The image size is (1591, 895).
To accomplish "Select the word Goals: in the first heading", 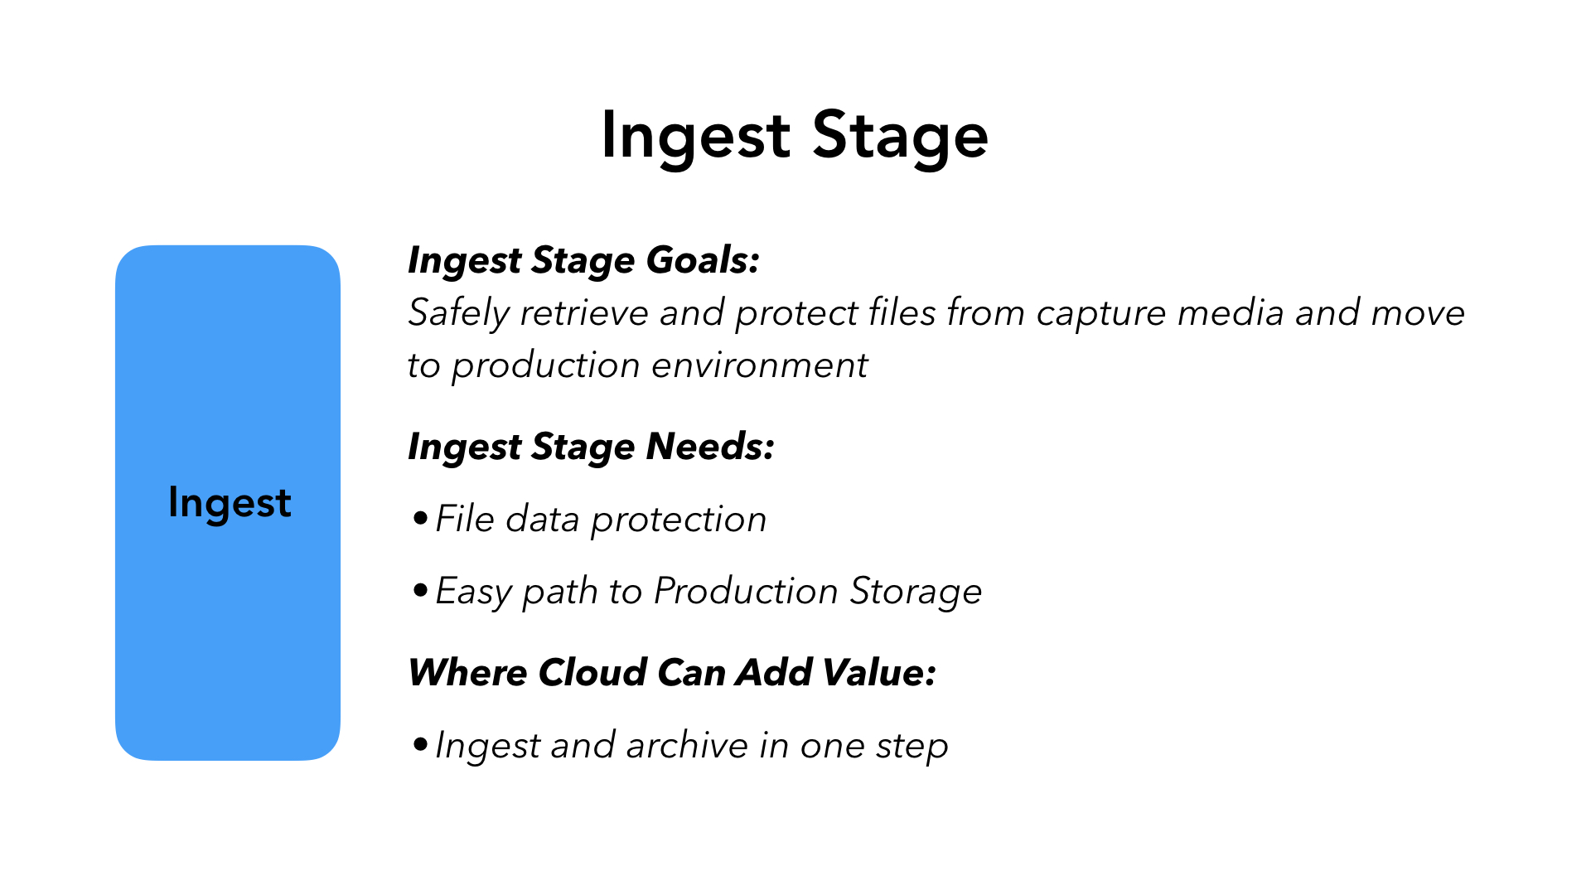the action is click(703, 260).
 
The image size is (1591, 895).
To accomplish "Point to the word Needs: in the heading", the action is click(710, 447).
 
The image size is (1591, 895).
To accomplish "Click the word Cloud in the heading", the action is click(592, 672).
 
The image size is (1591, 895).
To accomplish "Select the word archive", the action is click(688, 746).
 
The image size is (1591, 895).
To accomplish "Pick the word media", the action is click(1231, 313).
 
